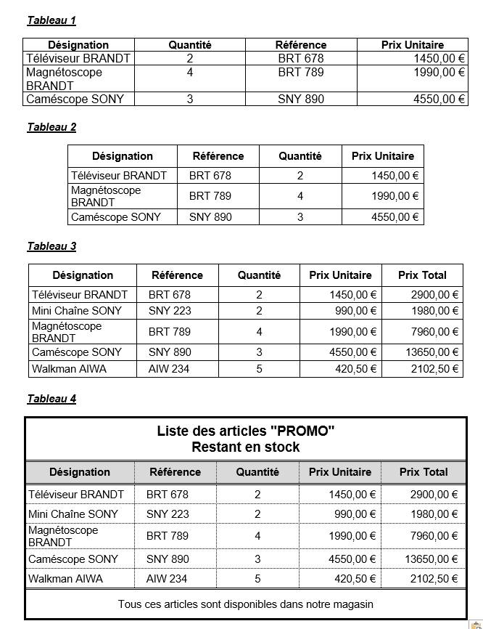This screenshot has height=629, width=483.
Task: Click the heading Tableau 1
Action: click(x=51, y=20)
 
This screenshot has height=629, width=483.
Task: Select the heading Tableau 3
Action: click(x=51, y=246)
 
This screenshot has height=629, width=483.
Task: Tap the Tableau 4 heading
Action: click(x=51, y=399)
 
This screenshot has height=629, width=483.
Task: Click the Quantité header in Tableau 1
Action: click(x=190, y=45)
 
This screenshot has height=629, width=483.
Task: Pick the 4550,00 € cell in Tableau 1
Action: click(x=439, y=99)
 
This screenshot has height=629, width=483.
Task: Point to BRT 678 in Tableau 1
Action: click(x=301, y=58)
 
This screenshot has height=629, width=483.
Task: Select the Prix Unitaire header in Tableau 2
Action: click(x=382, y=156)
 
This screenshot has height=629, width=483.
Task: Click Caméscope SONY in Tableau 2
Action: click(x=116, y=216)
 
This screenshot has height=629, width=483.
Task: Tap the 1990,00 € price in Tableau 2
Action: click(x=395, y=196)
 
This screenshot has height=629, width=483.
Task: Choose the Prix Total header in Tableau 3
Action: click(x=422, y=275)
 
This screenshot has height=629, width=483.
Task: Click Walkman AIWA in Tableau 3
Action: click(x=69, y=368)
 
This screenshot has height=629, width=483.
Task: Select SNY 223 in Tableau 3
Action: click(x=170, y=311)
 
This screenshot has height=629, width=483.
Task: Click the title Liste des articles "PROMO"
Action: click(x=246, y=431)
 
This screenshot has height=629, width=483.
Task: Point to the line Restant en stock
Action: click(x=246, y=447)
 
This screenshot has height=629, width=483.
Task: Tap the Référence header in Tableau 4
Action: click(x=175, y=472)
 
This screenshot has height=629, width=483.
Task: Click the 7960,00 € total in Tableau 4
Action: click(x=434, y=536)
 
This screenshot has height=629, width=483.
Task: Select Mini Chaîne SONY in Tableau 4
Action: click(x=73, y=514)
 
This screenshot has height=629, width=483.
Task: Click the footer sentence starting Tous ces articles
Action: click(x=246, y=604)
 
